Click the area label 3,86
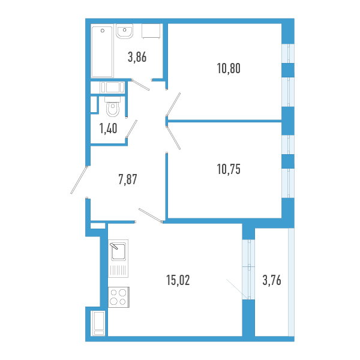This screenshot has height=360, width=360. pyautogui.click(x=137, y=57)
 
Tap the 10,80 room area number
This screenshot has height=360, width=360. pyautogui.click(x=229, y=68)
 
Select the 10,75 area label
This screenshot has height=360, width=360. pyautogui.click(x=229, y=169)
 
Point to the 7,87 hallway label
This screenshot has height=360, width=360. pyautogui.click(x=128, y=179)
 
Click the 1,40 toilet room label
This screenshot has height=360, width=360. pyautogui.click(x=108, y=128)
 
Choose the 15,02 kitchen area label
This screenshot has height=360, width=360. pyautogui.click(x=178, y=280)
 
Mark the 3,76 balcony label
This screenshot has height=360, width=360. pyautogui.click(x=272, y=280)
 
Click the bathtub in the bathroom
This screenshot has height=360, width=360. pyautogui.click(x=103, y=52)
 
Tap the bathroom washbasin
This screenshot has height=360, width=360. pyautogui.click(x=124, y=31)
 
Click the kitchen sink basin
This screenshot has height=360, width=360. pyautogui.click(x=118, y=251)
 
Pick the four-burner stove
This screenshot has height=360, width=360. pyautogui.click(x=119, y=297)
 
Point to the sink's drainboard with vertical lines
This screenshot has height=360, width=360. pyautogui.click(x=118, y=270)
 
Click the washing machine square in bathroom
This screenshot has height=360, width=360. pyautogui.click(x=151, y=31)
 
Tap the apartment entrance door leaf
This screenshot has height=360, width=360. pyautogui.click(x=79, y=180)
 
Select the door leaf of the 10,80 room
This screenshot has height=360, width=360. pyautogui.click(x=173, y=104)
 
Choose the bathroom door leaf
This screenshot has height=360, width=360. pyautogui.click(x=140, y=85)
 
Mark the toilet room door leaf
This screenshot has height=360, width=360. pyautogui.click(x=131, y=129)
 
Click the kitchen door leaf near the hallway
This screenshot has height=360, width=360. pyautogui.click(x=151, y=215)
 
